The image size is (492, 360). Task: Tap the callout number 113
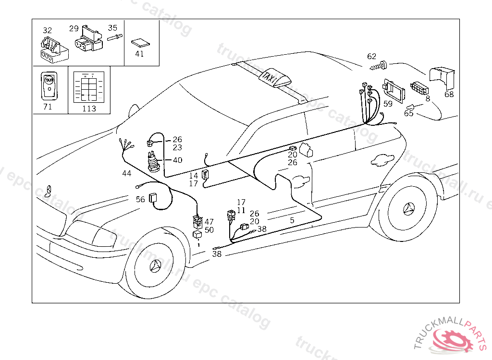(89, 108)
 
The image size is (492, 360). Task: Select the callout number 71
(48, 107)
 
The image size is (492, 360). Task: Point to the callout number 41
(139, 54)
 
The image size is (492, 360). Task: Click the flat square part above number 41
(140, 42)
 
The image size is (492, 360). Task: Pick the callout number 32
(47, 30)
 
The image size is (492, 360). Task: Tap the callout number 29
(74, 28)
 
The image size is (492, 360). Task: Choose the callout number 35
(112, 28)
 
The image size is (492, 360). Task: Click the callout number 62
(371, 56)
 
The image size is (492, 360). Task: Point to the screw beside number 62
(382, 65)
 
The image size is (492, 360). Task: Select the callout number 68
(449, 94)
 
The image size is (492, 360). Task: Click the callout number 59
(388, 103)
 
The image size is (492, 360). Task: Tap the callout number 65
(408, 114)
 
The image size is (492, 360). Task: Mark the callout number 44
(126, 173)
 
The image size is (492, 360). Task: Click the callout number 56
(140, 199)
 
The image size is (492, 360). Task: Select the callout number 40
(177, 160)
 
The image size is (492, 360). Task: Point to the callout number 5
(292, 220)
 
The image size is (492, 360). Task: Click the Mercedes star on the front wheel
(157, 265)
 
